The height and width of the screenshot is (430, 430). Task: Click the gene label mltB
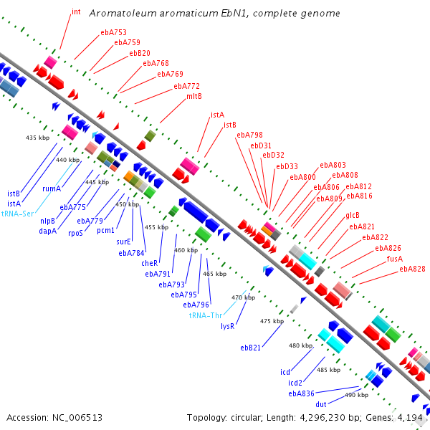click(194, 96)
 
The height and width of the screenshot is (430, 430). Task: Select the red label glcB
click(353, 215)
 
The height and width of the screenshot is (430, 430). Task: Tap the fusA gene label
click(395, 259)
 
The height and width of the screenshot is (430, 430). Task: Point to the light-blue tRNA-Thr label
click(206, 315)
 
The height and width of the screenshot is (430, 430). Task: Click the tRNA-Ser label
click(17, 214)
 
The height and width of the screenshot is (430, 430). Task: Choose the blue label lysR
click(228, 326)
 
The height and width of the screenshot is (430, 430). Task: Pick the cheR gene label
click(150, 263)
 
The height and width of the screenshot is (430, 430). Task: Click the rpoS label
click(75, 233)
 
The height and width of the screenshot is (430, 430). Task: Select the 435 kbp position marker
click(37, 138)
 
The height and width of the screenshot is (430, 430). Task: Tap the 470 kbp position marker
click(243, 297)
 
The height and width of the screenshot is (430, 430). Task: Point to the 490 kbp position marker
click(356, 395)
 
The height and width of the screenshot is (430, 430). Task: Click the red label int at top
click(76, 11)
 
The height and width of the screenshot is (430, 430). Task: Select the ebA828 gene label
click(412, 269)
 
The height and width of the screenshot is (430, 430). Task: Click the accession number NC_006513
click(77, 418)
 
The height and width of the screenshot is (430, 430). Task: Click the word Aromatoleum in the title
click(123, 13)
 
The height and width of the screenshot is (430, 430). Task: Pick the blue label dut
click(321, 404)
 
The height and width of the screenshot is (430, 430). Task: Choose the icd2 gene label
click(295, 383)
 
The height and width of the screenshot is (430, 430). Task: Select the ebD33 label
click(287, 166)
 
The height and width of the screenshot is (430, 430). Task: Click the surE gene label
click(123, 242)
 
